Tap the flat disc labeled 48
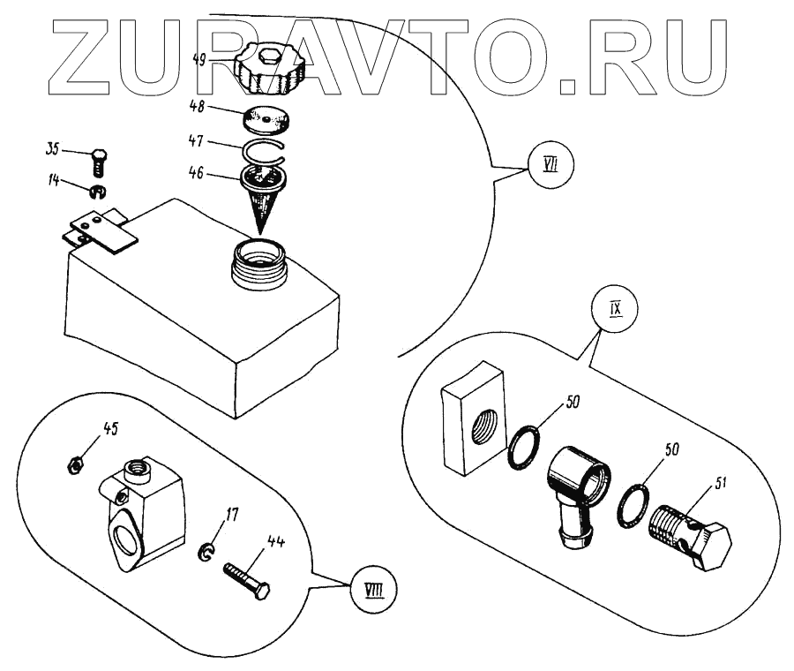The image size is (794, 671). coord(267,118)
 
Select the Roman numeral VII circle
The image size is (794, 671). coord(551,164)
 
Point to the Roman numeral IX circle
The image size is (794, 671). coord(616,310)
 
